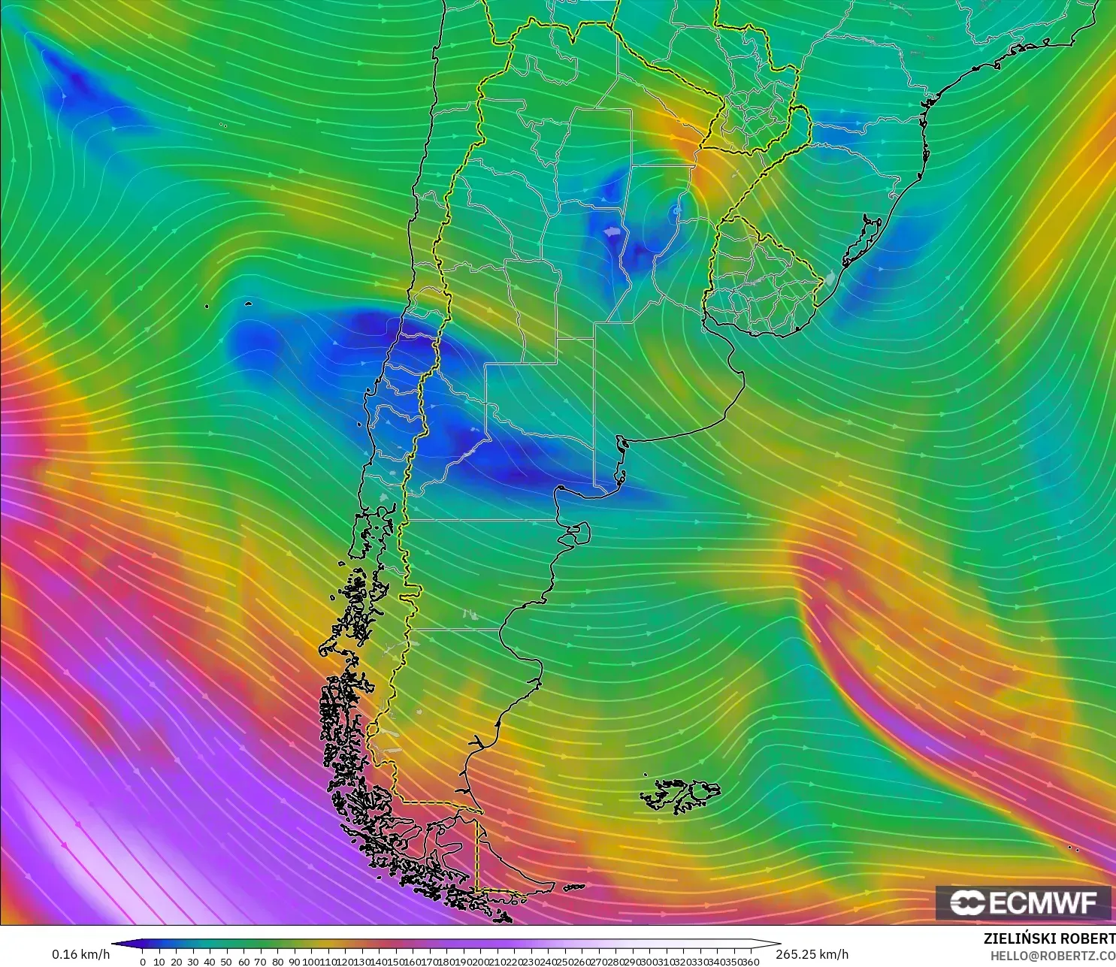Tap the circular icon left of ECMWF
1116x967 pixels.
point(967,902)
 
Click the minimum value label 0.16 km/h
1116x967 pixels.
point(80,954)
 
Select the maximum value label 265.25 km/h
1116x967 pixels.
point(812,954)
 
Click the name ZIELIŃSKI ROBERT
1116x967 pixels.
point(1049,938)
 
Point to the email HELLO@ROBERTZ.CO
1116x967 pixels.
point(1052,956)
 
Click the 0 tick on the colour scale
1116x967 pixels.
point(143,962)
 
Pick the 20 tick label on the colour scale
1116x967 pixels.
point(176,962)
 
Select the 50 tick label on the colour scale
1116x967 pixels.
point(226,962)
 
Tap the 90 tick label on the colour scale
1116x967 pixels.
point(294,962)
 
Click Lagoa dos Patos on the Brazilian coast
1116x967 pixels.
point(864,240)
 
